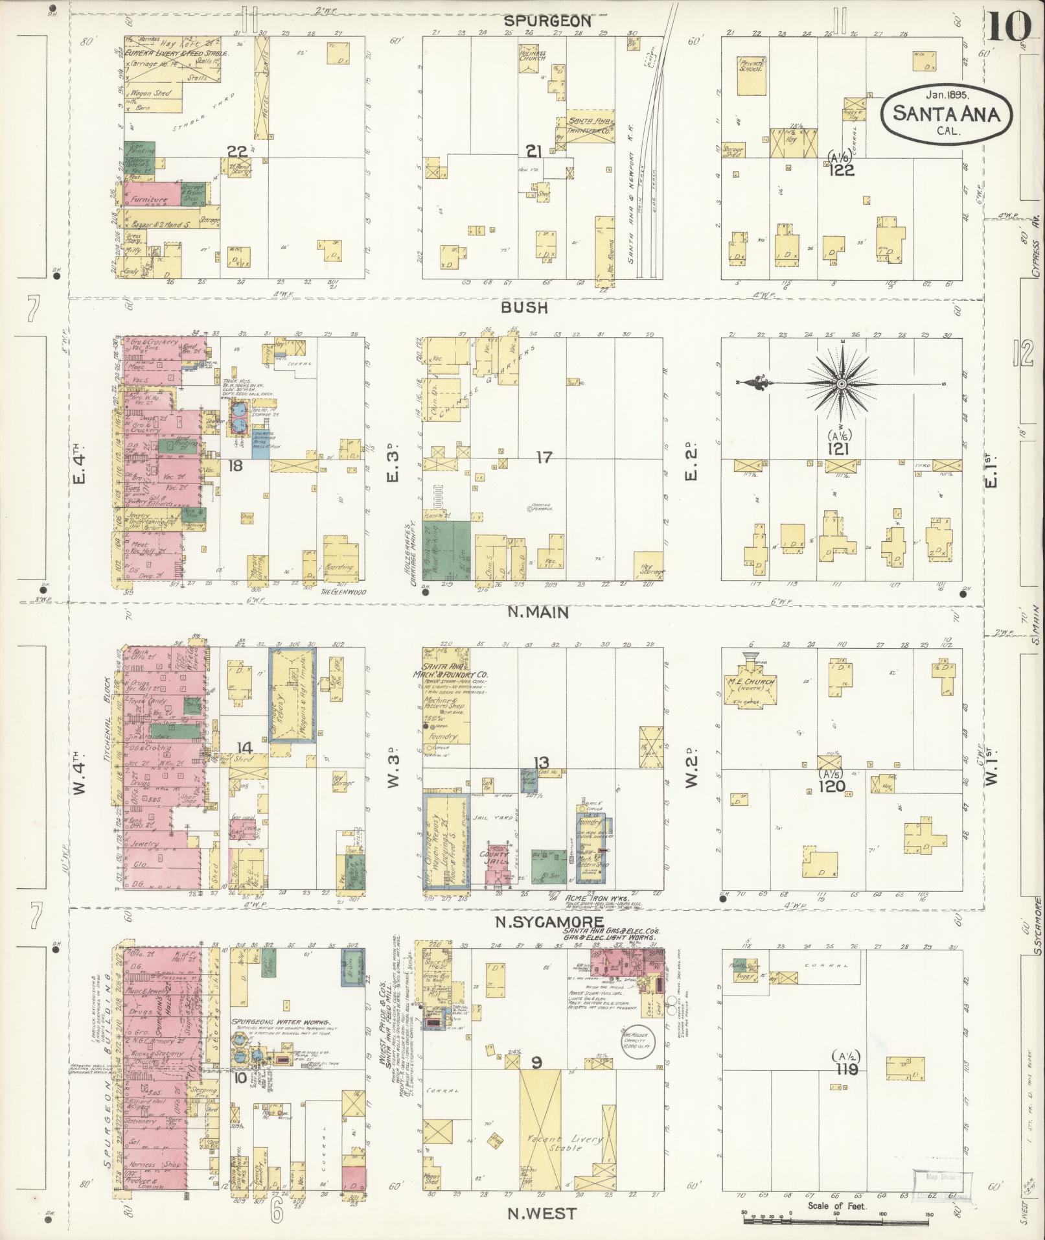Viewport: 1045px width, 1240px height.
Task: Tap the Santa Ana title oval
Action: point(945,115)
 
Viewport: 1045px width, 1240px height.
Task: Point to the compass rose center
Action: point(841,384)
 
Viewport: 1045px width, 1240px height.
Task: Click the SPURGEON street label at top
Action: point(547,21)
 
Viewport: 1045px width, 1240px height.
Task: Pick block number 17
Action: point(544,458)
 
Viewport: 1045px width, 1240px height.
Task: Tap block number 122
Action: point(841,170)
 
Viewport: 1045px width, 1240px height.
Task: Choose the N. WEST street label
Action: point(542,1213)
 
